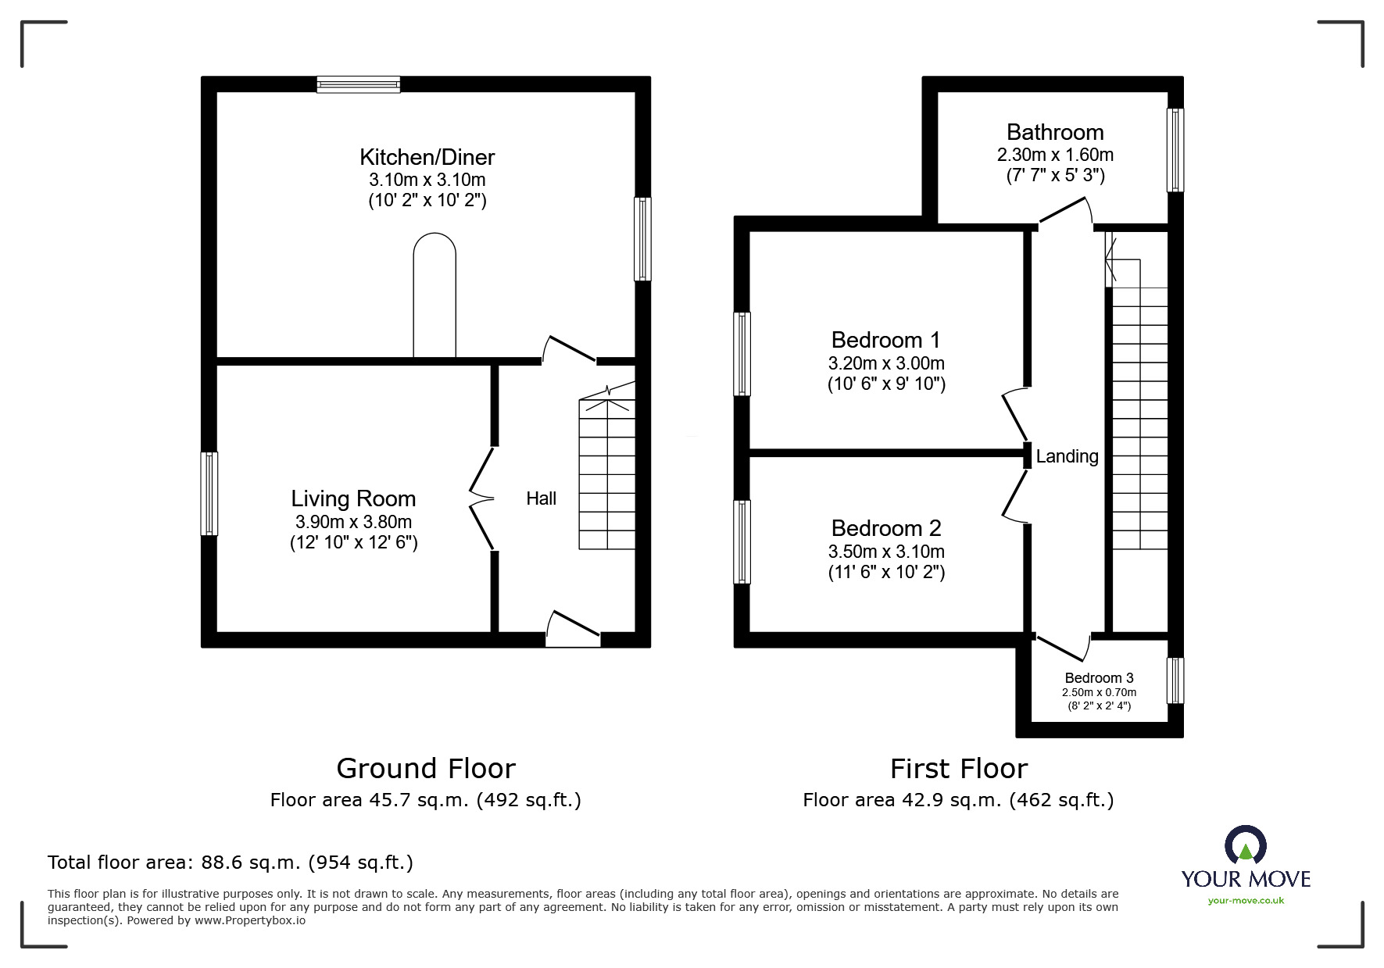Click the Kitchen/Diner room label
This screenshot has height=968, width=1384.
(x=427, y=157)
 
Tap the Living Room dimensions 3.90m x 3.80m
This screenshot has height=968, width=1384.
(x=353, y=522)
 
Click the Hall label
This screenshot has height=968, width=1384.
(x=541, y=498)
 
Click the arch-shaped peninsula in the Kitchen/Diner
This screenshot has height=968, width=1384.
(x=435, y=297)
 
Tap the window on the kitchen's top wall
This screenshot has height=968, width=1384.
(x=359, y=84)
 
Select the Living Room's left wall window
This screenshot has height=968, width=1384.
(x=209, y=494)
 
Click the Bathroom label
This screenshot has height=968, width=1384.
(x=1055, y=132)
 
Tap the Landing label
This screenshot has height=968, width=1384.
(x=1067, y=456)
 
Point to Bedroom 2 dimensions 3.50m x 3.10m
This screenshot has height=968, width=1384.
(x=886, y=552)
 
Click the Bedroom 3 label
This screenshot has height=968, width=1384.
(x=1099, y=678)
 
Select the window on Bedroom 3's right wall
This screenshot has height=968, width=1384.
(x=1175, y=680)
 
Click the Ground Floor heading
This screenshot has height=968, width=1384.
(x=426, y=769)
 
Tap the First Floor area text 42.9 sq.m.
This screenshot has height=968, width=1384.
(x=957, y=800)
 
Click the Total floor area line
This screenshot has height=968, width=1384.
(x=231, y=863)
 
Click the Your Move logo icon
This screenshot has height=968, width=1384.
(x=1245, y=846)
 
